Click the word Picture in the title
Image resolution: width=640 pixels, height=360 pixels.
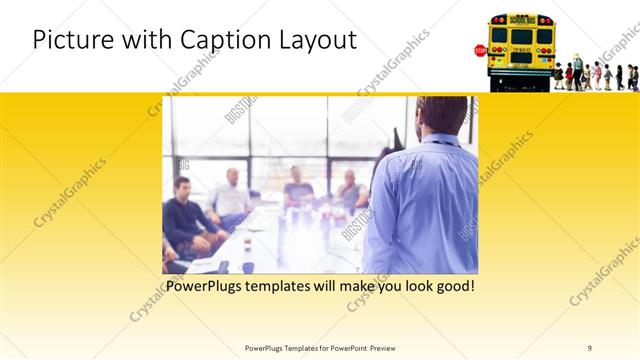(x=69, y=40)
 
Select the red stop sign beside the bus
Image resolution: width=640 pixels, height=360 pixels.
(x=480, y=50)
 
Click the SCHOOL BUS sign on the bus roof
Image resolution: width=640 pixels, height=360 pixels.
(x=521, y=20)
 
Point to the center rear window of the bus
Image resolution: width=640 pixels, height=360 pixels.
(x=521, y=36)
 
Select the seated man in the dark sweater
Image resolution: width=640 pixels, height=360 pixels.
(x=186, y=215)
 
